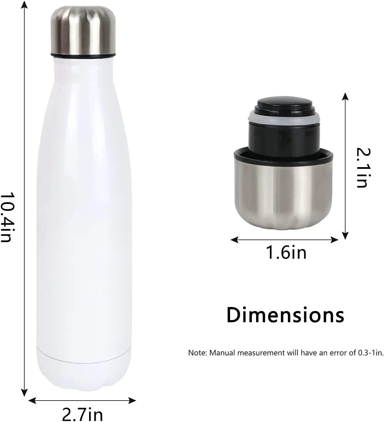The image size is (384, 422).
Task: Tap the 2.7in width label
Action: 82,414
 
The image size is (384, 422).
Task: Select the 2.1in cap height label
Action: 362,168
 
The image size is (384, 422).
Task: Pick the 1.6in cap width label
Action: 286,252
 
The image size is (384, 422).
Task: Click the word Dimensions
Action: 285,315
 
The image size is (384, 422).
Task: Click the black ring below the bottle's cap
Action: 83,54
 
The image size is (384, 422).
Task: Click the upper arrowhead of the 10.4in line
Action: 25,4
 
